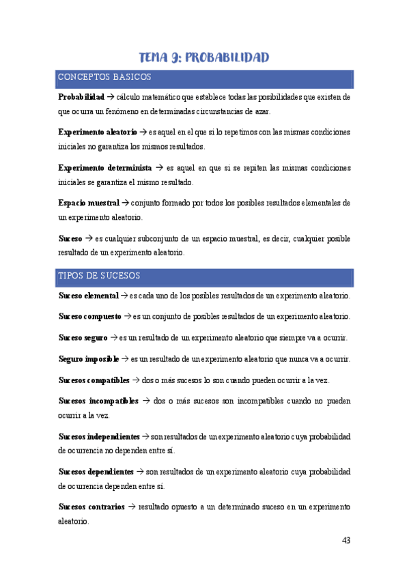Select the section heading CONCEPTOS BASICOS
tap(104, 77)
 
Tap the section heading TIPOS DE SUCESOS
tap(99, 276)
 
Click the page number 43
tap(345, 541)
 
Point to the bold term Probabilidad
tap(81, 98)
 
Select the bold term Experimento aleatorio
tap(98, 132)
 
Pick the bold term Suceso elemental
tap(88, 296)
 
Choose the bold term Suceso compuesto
tap(90, 317)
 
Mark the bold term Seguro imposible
tap(89, 358)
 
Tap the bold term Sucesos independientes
tap(99, 436)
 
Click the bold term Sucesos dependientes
tap(96, 471)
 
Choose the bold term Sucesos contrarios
tap(91, 507)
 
